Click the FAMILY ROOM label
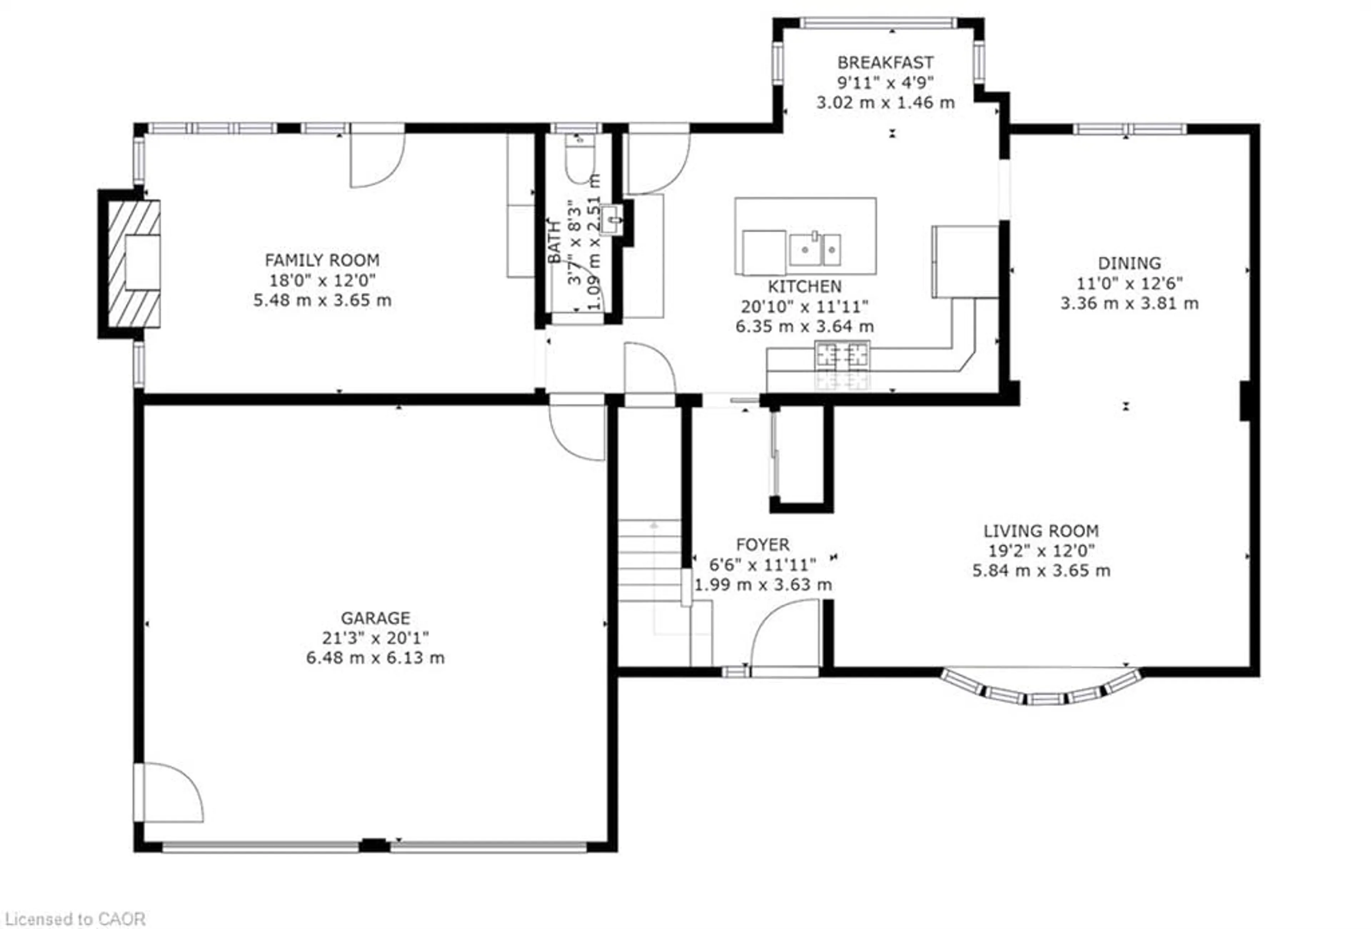tap(322, 260)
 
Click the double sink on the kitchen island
tap(815, 249)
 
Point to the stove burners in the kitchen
tap(842, 356)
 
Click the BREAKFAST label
tap(885, 62)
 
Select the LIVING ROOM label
tap(1041, 531)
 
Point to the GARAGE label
tap(375, 618)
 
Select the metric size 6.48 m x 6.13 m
tap(375, 658)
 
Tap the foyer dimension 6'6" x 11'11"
tap(762, 565)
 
